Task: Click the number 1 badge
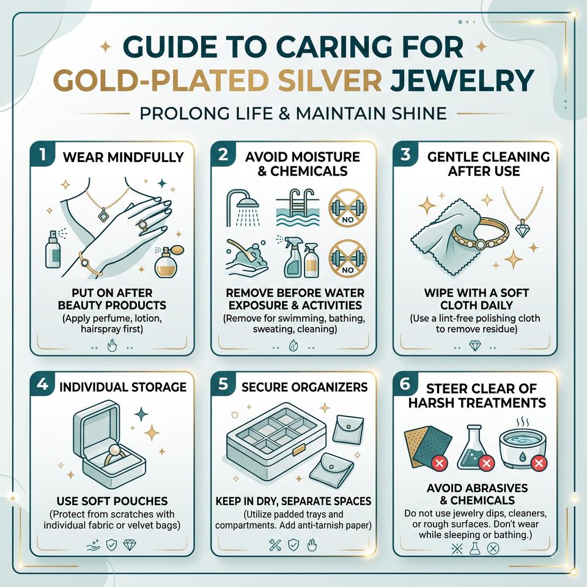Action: click(x=42, y=154)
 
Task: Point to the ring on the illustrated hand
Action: click(x=142, y=225)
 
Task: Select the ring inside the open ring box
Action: click(x=114, y=454)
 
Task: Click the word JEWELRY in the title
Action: click(x=462, y=80)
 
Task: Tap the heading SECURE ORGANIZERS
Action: click(x=305, y=386)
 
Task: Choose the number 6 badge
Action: click(x=405, y=384)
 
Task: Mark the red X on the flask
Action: click(x=486, y=463)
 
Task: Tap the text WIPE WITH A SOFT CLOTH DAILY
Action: click(x=476, y=299)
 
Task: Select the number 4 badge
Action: click(x=42, y=384)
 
